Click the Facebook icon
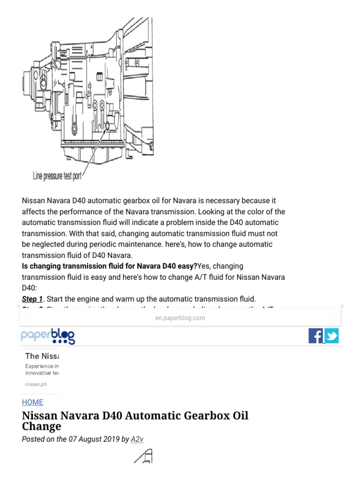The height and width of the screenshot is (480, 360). (x=315, y=336)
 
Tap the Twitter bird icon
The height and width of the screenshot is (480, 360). (x=331, y=336)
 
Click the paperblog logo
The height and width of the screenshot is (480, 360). (x=48, y=336)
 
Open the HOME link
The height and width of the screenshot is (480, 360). (x=32, y=402)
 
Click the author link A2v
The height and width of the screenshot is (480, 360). (x=137, y=439)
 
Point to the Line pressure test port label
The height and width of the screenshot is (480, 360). (x=57, y=176)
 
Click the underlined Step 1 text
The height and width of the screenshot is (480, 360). (x=32, y=299)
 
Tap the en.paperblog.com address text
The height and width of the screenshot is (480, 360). (x=180, y=318)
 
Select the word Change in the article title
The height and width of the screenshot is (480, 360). (x=41, y=427)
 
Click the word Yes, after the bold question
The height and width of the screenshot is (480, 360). (x=206, y=266)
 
